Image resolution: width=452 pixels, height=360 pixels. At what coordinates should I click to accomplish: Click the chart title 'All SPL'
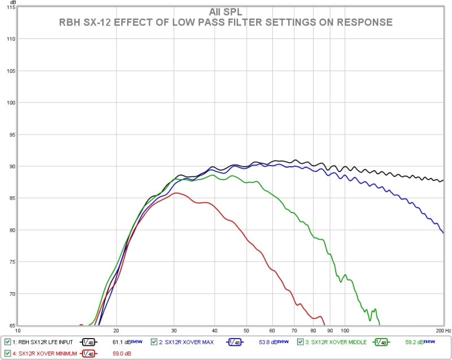[225, 12]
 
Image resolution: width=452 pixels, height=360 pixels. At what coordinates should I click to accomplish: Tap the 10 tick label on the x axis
[18, 330]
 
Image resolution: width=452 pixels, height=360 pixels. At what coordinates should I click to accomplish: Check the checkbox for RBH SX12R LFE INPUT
[7, 342]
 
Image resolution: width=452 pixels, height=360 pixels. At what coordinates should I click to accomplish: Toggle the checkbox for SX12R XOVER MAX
[154, 342]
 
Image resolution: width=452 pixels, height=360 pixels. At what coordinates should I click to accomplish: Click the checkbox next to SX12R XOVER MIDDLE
[300, 342]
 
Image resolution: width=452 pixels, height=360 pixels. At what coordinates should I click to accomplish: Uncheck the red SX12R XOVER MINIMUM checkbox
[7, 353]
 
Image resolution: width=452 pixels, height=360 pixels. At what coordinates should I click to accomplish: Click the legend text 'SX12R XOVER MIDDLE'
[336, 342]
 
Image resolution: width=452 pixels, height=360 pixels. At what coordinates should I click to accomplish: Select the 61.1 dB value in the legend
[121, 342]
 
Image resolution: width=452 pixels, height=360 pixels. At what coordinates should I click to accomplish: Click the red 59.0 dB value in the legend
[121, 353]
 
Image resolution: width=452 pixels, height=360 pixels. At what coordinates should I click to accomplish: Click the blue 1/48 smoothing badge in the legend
[236, 342]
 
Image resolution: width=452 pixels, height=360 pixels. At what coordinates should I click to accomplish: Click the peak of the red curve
[176, 193]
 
